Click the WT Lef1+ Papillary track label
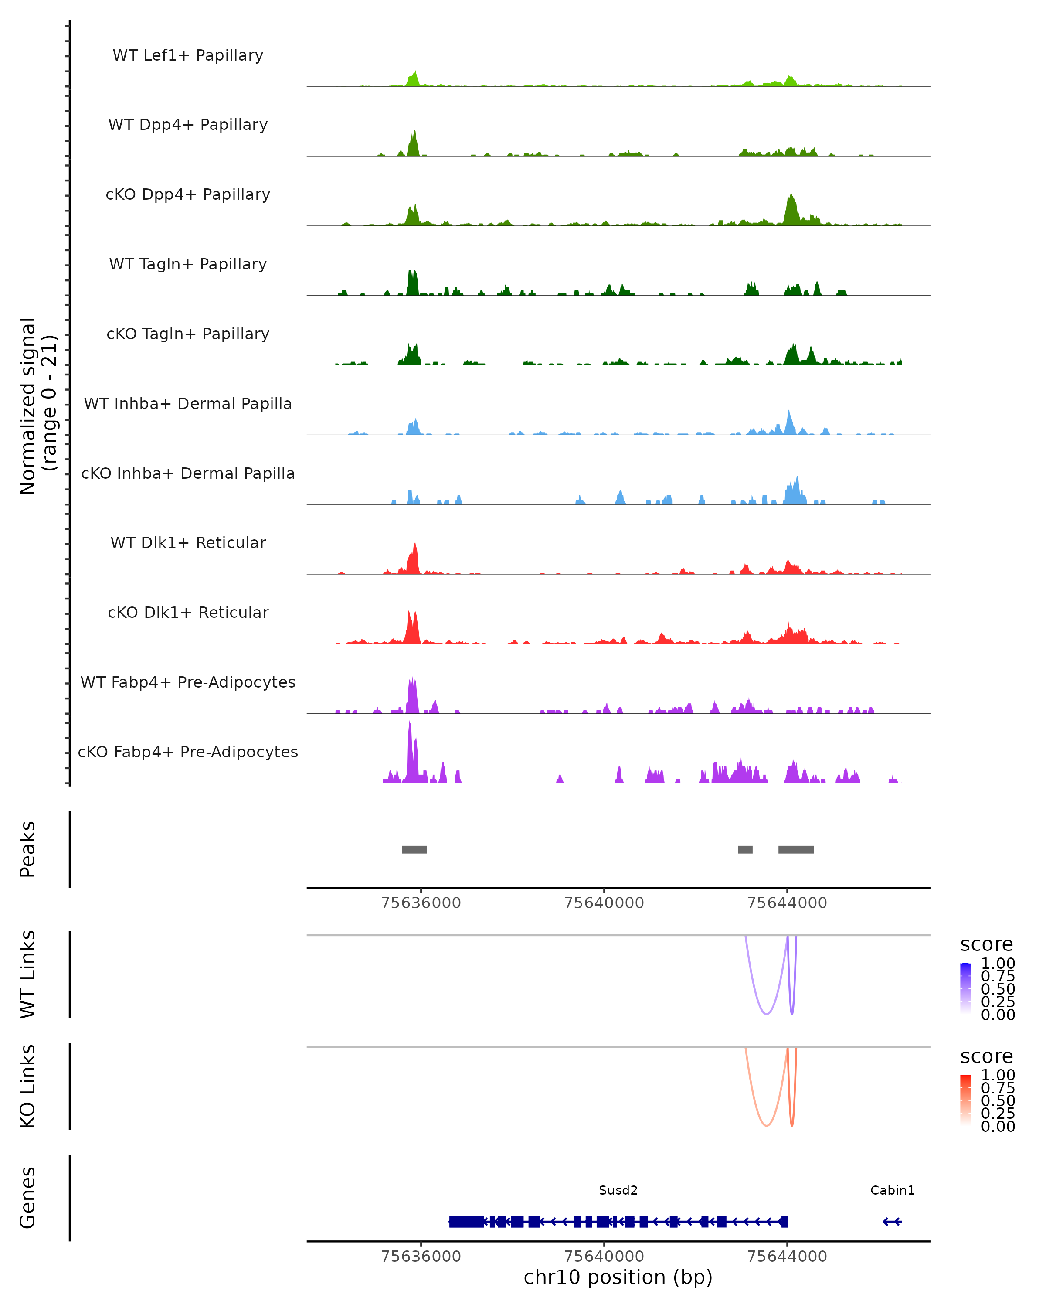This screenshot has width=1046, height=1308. [188, 55]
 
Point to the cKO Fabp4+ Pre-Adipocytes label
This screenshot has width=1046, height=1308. [188, 752]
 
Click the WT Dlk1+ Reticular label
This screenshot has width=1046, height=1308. [188, 542]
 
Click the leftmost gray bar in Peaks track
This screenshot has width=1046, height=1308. [414, 849]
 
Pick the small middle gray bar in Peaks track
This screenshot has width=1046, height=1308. [745, 849]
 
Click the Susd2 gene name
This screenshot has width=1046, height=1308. [618, 1190]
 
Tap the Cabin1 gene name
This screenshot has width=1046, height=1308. [892, 1190]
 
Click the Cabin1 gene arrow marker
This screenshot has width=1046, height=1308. [892, 1221]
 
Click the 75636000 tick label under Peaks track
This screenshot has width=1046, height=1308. [421, 903]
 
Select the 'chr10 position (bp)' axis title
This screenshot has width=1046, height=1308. [618, 1277]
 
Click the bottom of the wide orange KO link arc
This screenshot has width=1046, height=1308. [767, 1126]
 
